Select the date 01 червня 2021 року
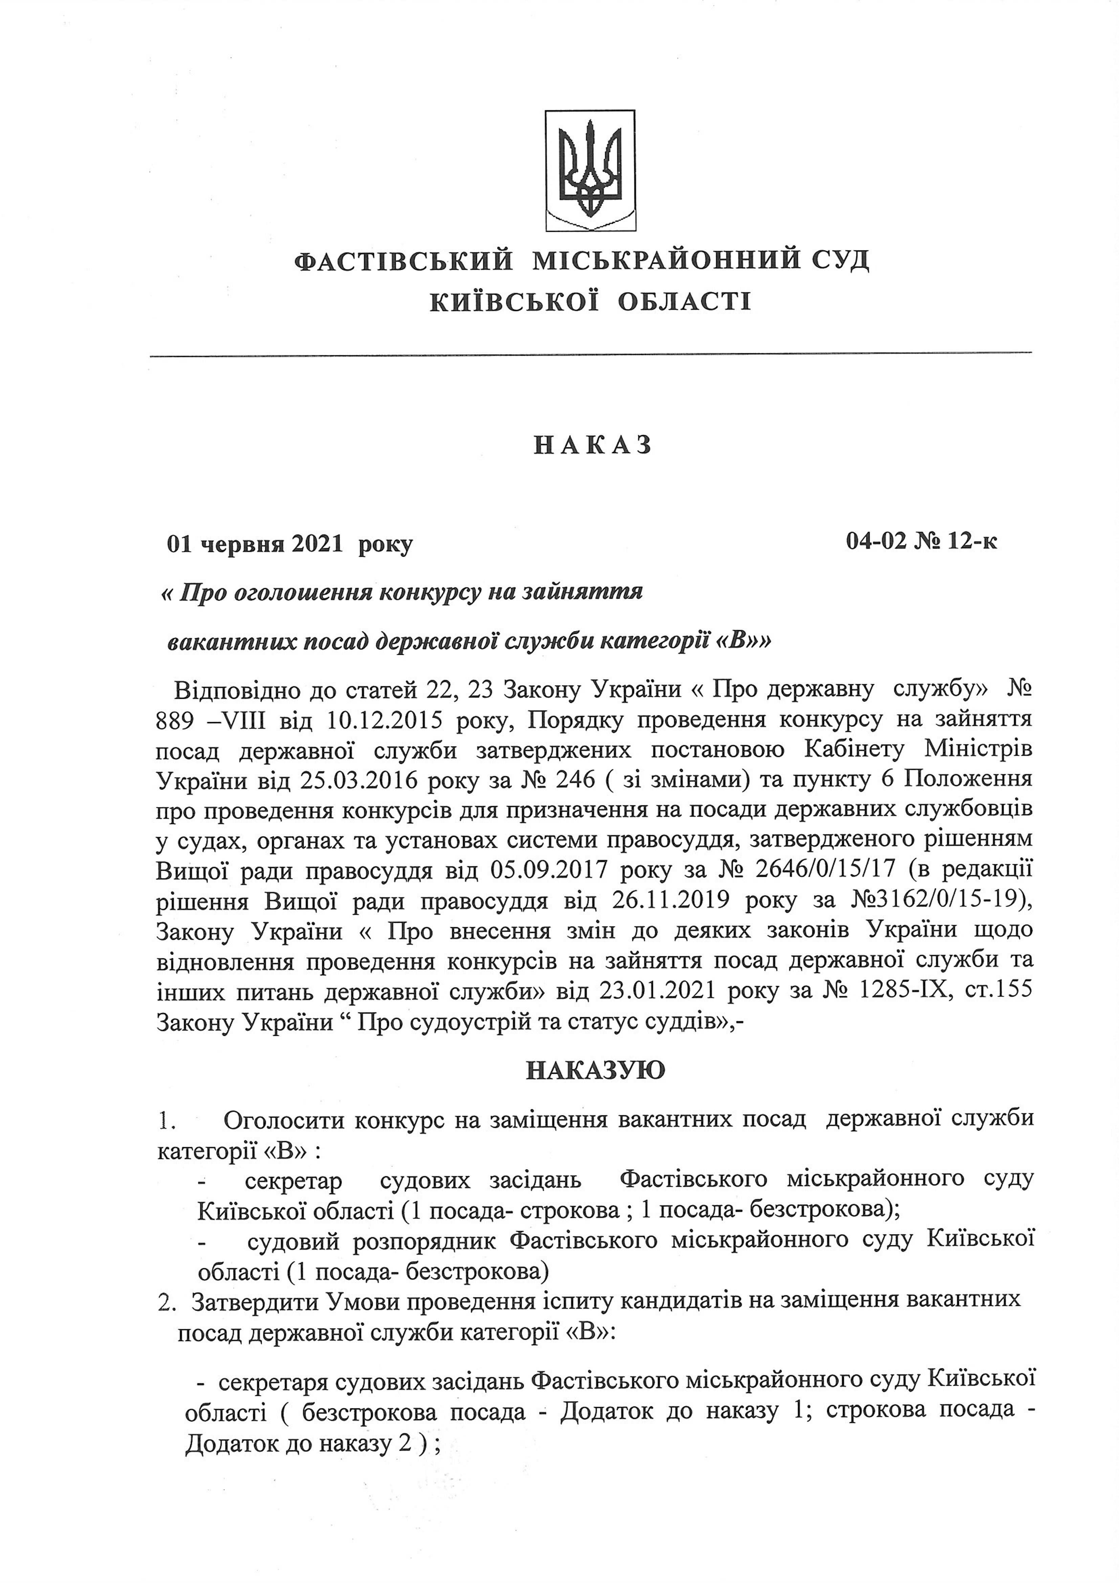tap(290, 545)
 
